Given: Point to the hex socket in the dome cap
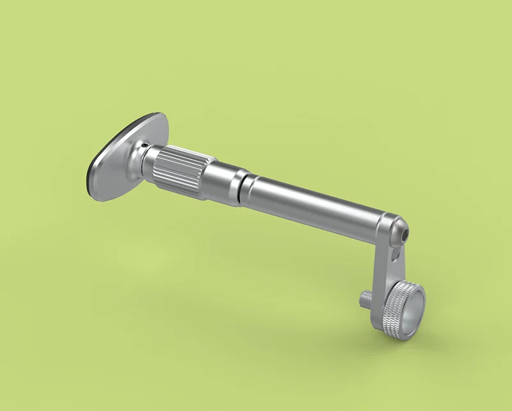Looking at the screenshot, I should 404,235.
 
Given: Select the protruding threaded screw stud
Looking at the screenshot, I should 365,298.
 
